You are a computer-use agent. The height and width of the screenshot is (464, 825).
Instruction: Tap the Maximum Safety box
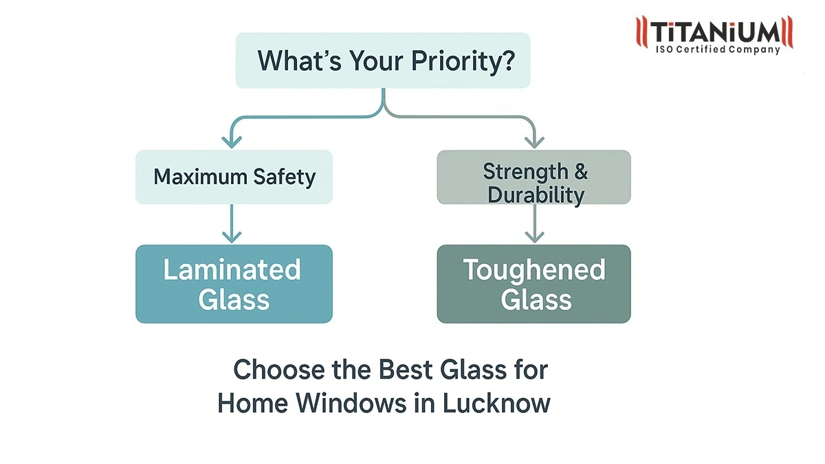point(234,177)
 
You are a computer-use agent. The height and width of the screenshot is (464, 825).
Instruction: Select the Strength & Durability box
point(533,177)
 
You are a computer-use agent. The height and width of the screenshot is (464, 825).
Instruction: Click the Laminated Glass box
point(234,284)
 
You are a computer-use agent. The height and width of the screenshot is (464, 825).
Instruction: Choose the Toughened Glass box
point(533,284)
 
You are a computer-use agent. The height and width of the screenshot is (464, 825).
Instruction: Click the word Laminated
point(232,269)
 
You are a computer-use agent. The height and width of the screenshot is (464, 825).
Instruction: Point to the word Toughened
point(534,269)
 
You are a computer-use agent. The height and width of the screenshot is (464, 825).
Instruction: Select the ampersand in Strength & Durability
point(581,170)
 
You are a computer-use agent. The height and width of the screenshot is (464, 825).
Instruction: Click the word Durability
point(536,195)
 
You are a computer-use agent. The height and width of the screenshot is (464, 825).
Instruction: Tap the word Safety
point(283,177)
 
